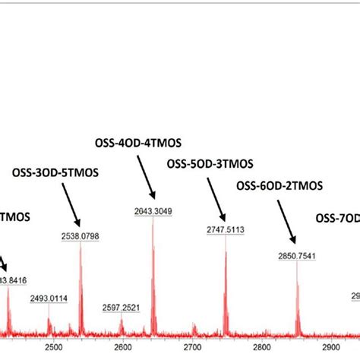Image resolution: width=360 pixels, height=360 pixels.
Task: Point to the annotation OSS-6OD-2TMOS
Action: pyautogui.click(x=279, y=185)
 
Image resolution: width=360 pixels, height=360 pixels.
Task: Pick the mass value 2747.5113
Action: pyautogui.click(x=225, y=229)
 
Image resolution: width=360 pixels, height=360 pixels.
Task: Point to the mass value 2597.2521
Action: pyautogui.click(x=122, y=307)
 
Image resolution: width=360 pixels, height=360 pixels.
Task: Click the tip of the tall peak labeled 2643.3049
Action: pyautogui.click(x=153, y=220)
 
